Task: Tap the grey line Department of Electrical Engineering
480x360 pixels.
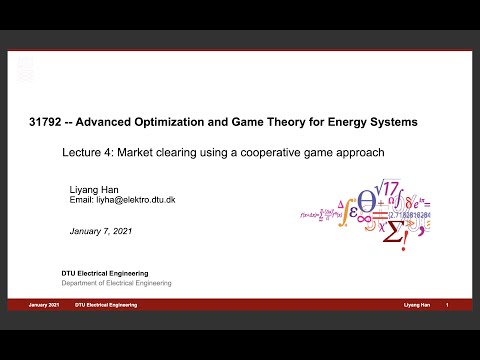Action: click(x=117, y=283)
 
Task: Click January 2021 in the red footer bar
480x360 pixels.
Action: click(x=45, y=304)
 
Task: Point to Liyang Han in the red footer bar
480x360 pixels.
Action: click(x=416, y=304)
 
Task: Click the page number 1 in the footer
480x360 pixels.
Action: click(x=446, y=304)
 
